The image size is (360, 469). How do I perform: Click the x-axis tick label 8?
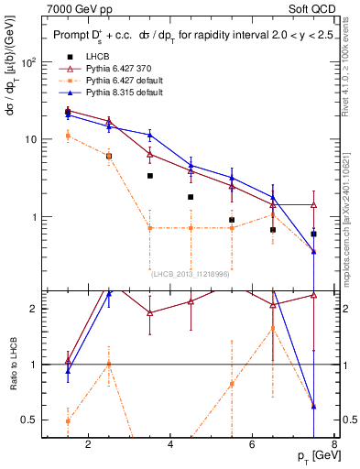[x=334, y=445]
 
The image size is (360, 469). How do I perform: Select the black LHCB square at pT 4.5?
[x=191, y=197]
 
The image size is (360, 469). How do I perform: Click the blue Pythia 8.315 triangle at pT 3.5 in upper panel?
[x=150, y=135]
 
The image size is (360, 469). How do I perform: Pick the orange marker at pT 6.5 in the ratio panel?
[x=272, y=328]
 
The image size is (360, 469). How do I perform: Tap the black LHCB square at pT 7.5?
[x=313, y=234]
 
